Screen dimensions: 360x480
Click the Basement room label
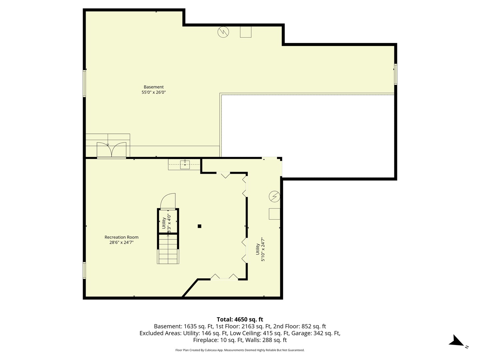point(154,87)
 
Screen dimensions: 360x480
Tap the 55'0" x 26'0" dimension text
point(154,92)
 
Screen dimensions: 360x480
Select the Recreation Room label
point(121,237)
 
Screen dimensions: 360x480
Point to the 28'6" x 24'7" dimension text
point(121,243)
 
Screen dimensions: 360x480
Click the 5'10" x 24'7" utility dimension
point(263,249)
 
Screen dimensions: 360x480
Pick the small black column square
point(199,226)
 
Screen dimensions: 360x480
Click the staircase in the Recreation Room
point(168,249)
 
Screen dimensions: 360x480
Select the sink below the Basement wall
point(185,164)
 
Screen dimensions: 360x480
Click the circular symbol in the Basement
point(223,32)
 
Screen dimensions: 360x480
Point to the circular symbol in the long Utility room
point(274,197)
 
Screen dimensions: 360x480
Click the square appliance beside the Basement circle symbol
point(246,32)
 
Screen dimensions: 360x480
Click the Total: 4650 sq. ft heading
point(240,319)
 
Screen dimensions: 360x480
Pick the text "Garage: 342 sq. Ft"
point(316,333)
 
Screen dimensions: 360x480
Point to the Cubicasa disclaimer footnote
point(240,350)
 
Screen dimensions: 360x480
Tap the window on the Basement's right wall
point(395,74)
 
